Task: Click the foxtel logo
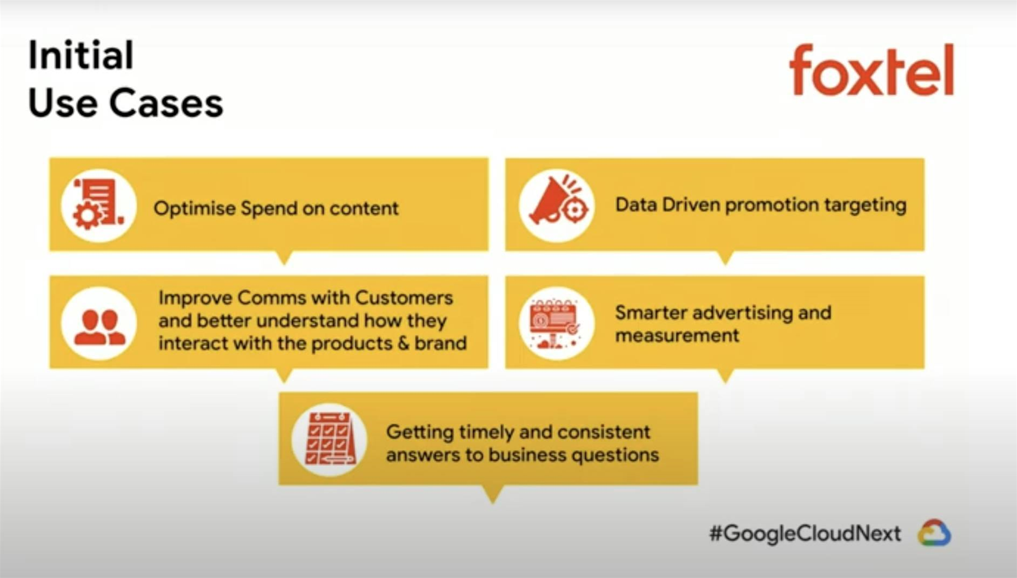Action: pos(872,70)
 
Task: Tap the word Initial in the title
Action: pos(81,55)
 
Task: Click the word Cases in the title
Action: pos(166,103)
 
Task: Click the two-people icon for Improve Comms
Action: pos(99,327)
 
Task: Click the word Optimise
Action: pos(195,209)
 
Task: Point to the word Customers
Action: pos(404,298)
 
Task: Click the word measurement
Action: pos(677,335)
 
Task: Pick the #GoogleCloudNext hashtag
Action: pos(805,534)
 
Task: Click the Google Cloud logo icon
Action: pos(934,533)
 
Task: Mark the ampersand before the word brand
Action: pos(403,343)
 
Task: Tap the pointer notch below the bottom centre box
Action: pos(492,494)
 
